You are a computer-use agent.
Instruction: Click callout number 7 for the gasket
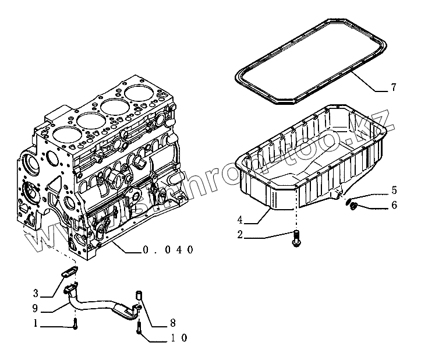click(x=394, y=88)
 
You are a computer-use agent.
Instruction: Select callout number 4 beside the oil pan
click(x=240, y=220)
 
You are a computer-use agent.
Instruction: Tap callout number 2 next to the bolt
click(x=240, y=235)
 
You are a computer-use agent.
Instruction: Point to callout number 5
click(x=394, y=190)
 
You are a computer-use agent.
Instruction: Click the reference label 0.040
click(x=168, y=250)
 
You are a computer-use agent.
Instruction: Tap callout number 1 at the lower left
click(x=36, y=323)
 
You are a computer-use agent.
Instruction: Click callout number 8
click(x=173, y=322)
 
